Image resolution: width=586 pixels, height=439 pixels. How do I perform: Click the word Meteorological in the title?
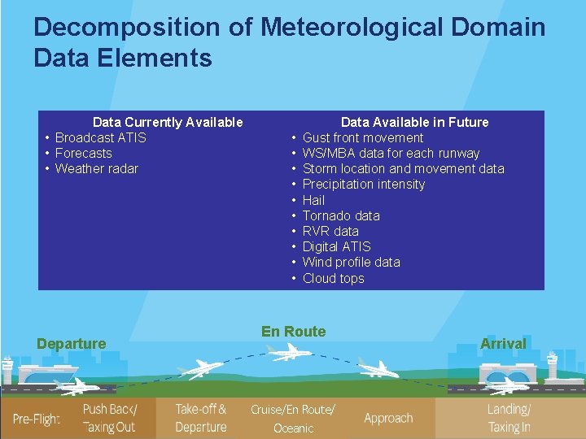pyautogui.click(x=352, y=27)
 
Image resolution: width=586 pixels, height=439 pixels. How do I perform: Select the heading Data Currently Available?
pyautogui.click(x=168, y=122)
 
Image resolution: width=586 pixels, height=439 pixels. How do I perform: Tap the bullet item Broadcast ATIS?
pyautogui.click(x=100, y=137)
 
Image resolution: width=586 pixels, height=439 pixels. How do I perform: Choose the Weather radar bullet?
pyautogui.click(x=96, y=168)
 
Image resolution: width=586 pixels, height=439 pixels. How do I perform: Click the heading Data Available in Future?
pyautogui.click(x=414, y=122)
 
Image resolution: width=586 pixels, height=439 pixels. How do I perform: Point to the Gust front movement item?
pyautogui.click(x=363, y=137)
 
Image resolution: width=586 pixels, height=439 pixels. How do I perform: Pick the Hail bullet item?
pyautogui.click(x=313, y=200)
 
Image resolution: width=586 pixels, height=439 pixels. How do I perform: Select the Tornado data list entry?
pyautogui.click(x=341, y=215)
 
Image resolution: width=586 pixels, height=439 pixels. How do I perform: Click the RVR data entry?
pyautogui.click(x=330, y=231)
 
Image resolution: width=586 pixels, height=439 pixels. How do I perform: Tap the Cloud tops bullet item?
pyautogui.click(x=333, y=278)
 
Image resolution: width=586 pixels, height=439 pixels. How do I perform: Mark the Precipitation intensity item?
pyautogui.click(x=364, y=185)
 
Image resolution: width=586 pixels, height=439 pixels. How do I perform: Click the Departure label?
pyautogui.click(x=71, y=344)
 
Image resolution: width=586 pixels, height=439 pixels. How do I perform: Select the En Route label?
pyautogui.click(x=293, y=332)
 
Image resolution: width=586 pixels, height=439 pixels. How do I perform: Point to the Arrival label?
pyautogui.click(x=503, y=344)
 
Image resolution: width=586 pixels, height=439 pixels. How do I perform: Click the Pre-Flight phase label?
pyautogui.click(x=36, y=419)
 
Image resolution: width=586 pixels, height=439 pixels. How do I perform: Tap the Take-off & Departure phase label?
pyautogui.click(x=201, y=418)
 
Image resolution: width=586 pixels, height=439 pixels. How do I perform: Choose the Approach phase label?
pyautogui.click(x=388, y=418)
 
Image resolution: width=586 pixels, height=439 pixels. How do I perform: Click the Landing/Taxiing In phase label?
pyautogui.click(x=509, y=418)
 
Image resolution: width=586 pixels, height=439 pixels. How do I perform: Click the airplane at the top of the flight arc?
pyautogui.click(x=287, y=352)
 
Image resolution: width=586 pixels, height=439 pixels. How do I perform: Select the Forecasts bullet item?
pyautogui.click(x=83, y=153)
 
